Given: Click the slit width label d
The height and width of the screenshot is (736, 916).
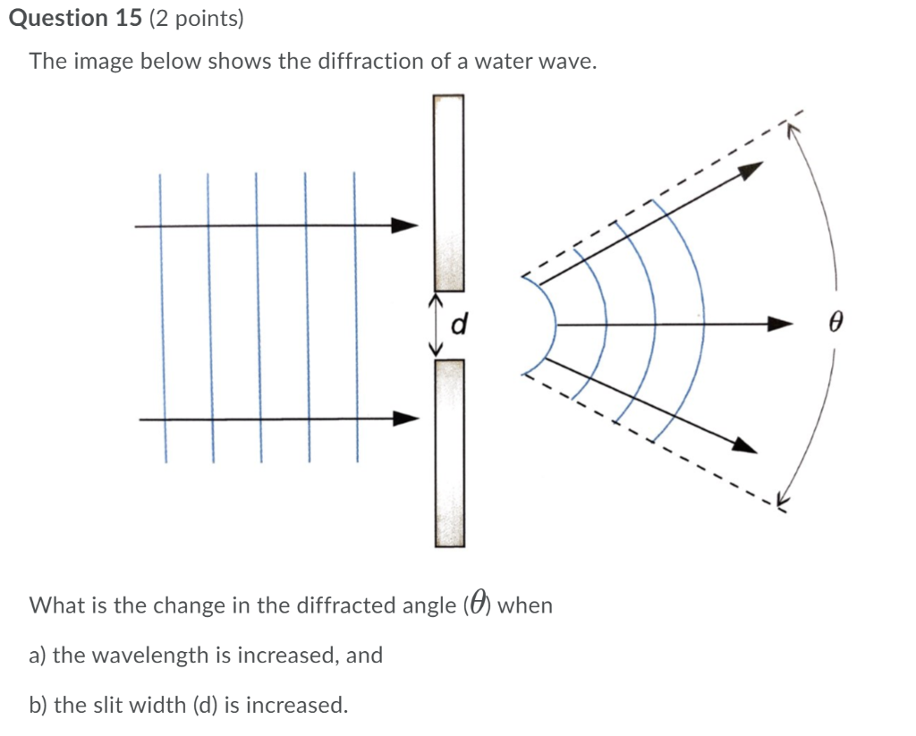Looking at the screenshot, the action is pos(460,323).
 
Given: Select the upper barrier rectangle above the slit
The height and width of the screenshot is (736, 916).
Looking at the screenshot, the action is pos(449,192).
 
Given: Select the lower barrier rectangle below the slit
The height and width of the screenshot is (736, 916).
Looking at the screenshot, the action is pos(449,452).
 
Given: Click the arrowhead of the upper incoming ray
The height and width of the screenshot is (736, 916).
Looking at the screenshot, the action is pos(407,225).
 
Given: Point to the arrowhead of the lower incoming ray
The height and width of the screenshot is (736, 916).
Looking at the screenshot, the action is pos(407,418).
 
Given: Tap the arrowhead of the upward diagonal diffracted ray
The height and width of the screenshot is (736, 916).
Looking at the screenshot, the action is pos(754,168).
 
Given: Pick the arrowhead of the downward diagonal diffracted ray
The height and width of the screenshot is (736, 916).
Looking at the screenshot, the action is pos(745,445).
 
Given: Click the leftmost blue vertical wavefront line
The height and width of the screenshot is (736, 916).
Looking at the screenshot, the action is pos(162,317).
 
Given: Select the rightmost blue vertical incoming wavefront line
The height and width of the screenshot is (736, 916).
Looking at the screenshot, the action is pos(355,317).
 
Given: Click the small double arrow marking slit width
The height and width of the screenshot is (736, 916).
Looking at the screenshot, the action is pos(437,324).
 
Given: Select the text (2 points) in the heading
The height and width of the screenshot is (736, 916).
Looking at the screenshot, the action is pos(197,19).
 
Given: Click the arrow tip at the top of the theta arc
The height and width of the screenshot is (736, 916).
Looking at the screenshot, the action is pos(790,126).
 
